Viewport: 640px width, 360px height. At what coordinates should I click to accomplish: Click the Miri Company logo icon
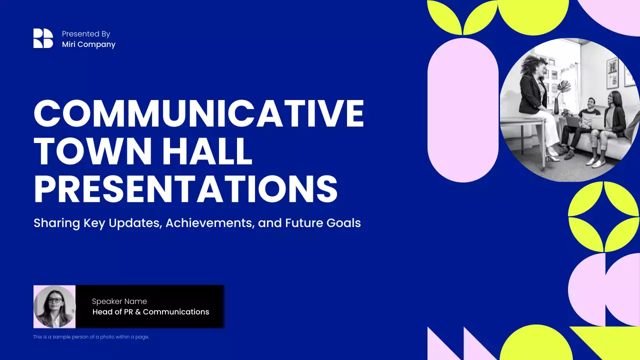[43, 38]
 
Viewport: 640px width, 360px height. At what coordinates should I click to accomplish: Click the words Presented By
[86, 34]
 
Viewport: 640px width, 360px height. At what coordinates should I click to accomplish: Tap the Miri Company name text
[88, 44]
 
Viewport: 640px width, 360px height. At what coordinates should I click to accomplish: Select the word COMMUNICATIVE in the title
[198, 114]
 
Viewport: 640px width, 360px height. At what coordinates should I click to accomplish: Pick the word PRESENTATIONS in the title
[185, 188]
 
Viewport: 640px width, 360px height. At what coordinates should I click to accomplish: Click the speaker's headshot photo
[54, 306]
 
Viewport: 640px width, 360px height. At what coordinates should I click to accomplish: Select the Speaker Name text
[119, 301]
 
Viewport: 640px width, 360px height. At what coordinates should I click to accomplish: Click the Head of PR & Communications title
[150, 312]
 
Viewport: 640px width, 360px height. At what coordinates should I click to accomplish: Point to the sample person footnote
[91, 337]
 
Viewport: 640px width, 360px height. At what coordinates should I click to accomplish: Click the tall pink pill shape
[463, 110]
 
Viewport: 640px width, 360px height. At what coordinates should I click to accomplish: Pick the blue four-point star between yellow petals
[604, 216]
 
